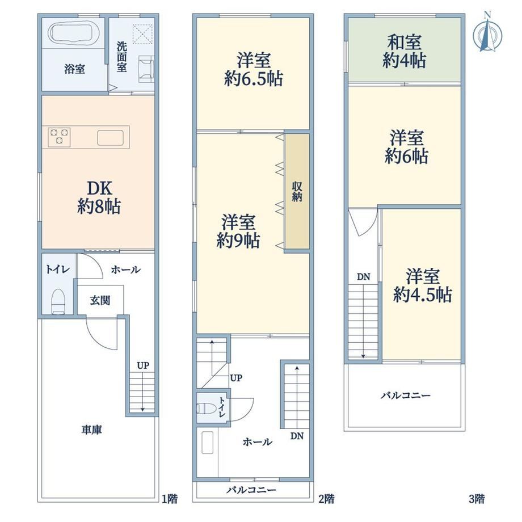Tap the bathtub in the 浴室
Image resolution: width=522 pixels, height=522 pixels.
(74, 33)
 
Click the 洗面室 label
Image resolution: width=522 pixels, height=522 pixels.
(121, 57)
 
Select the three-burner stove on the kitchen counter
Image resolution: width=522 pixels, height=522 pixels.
(59, 137)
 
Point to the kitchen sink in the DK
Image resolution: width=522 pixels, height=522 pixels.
(110, 137)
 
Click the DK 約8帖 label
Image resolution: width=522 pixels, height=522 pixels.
(99, 197)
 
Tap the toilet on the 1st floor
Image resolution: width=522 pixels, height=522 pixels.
(58, 301)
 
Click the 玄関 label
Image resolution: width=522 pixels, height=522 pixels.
(100, 300)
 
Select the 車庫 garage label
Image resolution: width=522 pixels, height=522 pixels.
(91, 430)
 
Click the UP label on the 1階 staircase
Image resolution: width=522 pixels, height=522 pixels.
(143, 365)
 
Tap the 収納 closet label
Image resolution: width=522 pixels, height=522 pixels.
(297, 191)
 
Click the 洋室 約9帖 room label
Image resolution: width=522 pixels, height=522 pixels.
(238, 231)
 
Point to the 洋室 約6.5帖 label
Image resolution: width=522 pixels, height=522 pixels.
(254, 70)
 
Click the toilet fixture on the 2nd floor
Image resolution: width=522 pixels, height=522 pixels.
(205, 409)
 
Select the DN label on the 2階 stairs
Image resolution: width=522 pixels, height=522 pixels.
(297, 436)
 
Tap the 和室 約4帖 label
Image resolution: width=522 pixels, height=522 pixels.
(405, 51)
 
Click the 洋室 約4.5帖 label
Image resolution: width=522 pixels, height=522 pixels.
(423, 285)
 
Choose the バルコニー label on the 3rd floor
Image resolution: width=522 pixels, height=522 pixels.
(406, 395)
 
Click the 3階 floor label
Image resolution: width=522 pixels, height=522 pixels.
(477, 499)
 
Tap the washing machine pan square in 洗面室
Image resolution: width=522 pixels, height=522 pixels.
(142, 33)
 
